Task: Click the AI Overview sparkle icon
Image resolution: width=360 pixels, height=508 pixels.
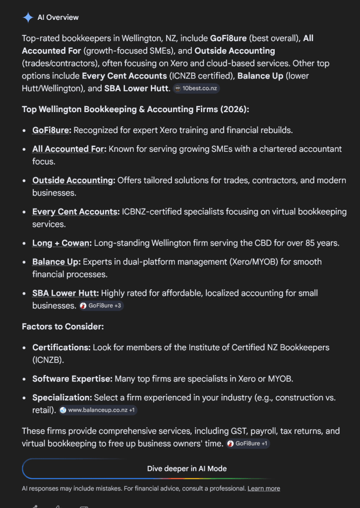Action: coord(28,17)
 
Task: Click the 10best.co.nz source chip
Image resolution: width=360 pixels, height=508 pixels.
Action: coord(196,89)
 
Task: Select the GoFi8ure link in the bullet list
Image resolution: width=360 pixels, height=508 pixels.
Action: coord(52,130)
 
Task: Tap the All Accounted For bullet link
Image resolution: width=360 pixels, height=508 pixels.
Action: coord(69,149)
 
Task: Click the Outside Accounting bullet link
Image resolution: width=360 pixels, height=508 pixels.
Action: coord(73,181)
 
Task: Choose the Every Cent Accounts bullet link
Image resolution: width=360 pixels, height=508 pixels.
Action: coord(75,212)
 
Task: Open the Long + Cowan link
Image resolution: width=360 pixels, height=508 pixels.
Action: coord(61,243)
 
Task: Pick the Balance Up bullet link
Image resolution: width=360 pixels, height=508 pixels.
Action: coord(56,261)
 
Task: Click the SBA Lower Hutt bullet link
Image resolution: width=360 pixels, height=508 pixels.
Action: coord(65,293)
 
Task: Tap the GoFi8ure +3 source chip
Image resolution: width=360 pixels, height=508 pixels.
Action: coord(101,306)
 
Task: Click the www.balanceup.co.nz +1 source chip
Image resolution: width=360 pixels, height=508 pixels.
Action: coord(98,410)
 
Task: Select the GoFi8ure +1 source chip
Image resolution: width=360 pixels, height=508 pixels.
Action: coord(247,444)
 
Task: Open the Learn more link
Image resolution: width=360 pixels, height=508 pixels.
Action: coord(264,489)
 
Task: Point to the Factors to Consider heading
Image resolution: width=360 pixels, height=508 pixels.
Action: coord(62,327)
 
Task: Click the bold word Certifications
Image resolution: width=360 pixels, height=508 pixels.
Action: coord(61,347)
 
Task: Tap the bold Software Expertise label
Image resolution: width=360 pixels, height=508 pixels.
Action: coord(72,379)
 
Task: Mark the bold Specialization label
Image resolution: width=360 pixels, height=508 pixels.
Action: coord(62,398)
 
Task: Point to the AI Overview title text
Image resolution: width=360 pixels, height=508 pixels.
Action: coord(58,17)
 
